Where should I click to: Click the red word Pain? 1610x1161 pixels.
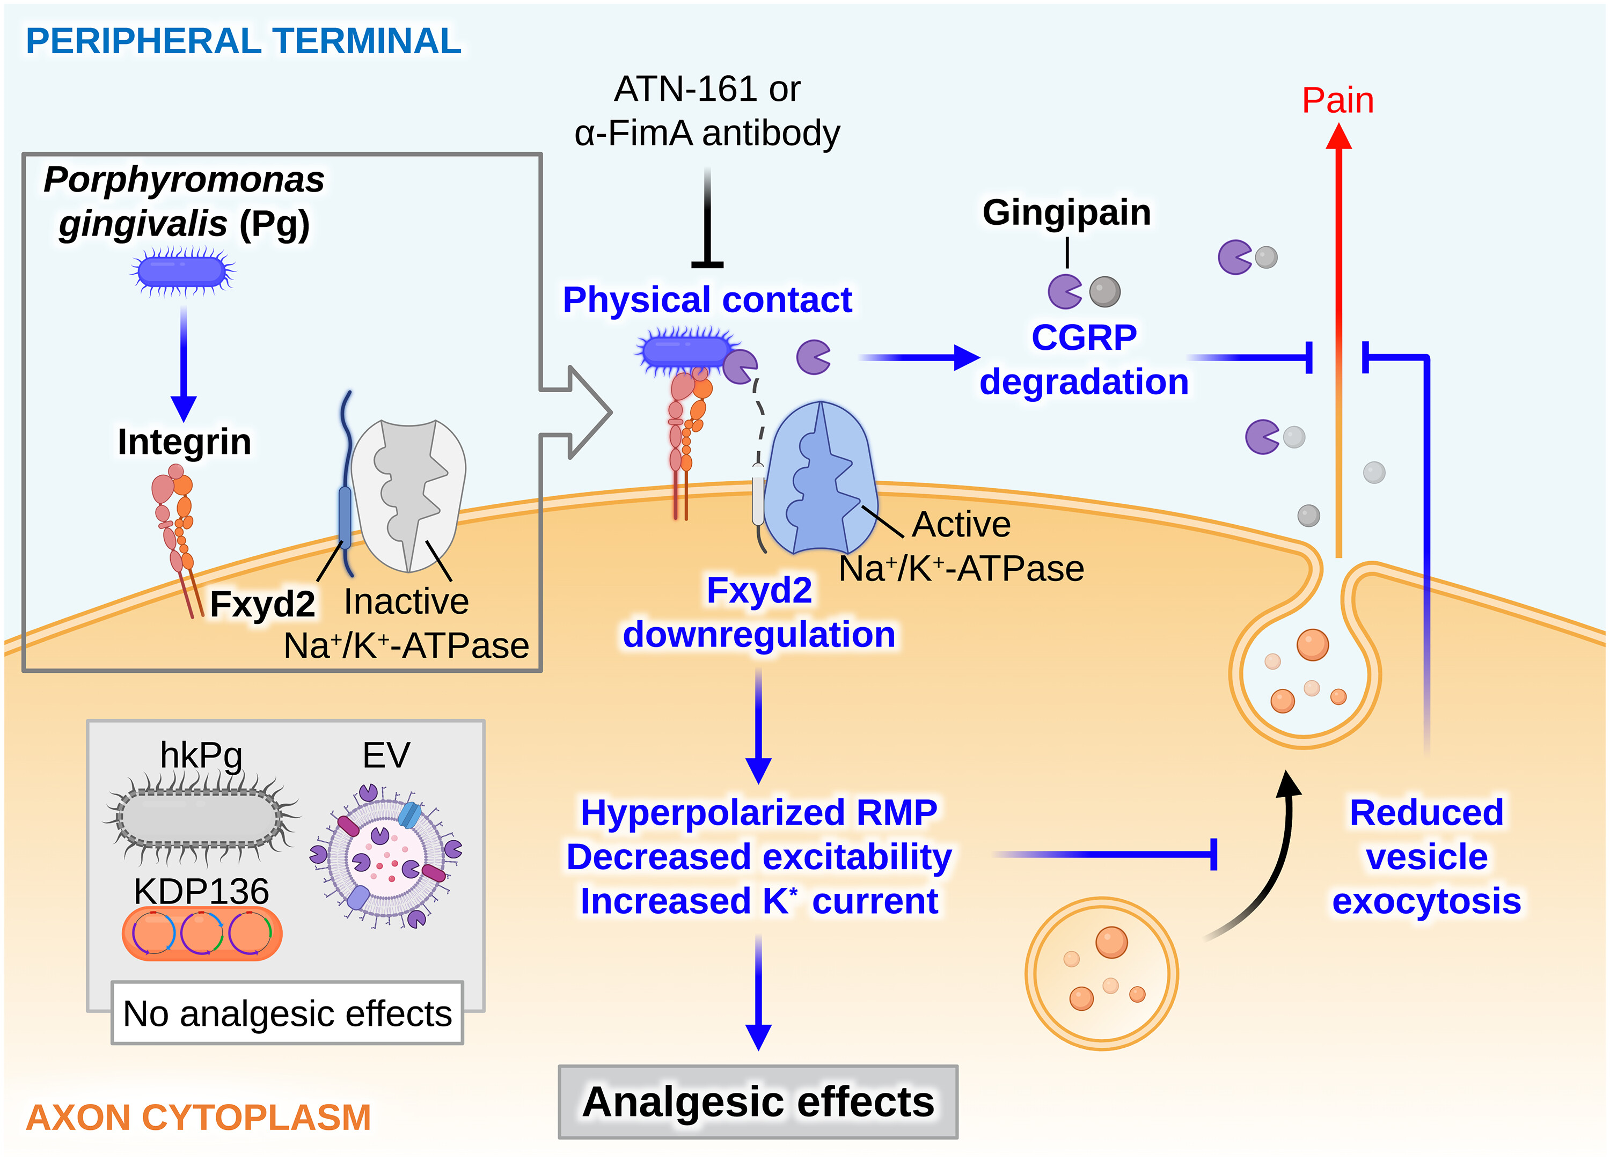(1337, 100)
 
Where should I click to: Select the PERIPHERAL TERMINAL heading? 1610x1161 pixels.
(244, 41)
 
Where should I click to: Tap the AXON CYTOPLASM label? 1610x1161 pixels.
(198, 1117)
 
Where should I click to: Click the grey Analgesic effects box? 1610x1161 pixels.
(758, 1101)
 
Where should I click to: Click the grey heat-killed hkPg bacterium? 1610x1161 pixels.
(201, 817)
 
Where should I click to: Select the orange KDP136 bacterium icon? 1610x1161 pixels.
(202, 933)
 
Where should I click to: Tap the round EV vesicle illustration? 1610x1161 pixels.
(387, 857)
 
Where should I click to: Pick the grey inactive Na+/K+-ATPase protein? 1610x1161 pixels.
(409, 495)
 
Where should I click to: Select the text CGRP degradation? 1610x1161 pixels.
(1084, 359)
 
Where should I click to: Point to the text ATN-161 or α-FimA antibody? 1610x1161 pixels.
(707, 111)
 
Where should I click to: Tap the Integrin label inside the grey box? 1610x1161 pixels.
(185, 442)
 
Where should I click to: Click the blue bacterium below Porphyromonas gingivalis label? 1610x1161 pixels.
(183, 271)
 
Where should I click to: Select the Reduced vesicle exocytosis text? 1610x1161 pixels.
(1426, 857)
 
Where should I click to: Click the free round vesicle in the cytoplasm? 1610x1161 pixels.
(1102, 974)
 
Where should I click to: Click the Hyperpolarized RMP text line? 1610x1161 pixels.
(759, 813)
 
